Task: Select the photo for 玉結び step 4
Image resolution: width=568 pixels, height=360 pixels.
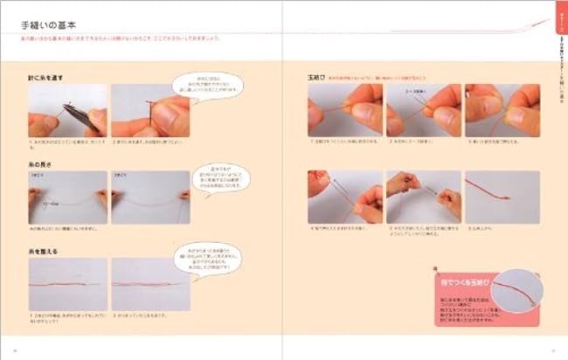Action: click(x=344, y=197)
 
